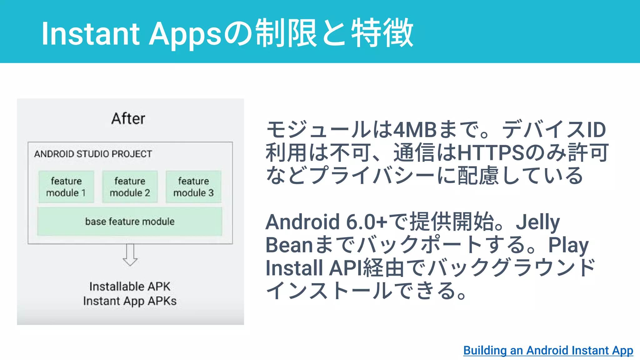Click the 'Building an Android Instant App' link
coord(548,350)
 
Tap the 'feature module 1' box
coord(66,187)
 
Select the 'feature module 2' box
coord(130,187)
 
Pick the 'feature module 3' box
coord(193,187)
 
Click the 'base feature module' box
coord(130,221)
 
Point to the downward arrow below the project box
coord(130,255)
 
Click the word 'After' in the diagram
coord(128,119)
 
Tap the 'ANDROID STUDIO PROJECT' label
coord(93,154)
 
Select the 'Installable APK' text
coord(130,286)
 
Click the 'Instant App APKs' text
coord(130,301)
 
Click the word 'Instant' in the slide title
coord(90,34)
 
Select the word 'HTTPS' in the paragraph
coord(491,153)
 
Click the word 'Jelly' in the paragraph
coord(537,222)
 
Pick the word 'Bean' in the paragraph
coord(289,245)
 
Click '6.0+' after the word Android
coord(367,222)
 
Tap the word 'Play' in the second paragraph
coord(568,245)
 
